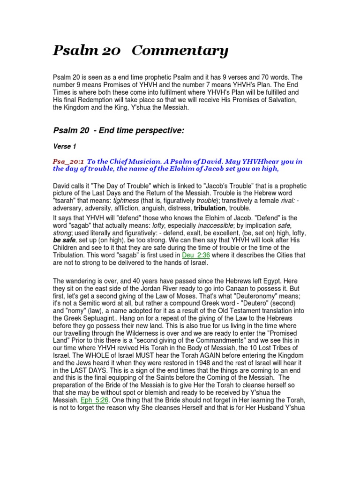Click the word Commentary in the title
tap(180, 51)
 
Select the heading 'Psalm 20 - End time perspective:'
tap(119, 130)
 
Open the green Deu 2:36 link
tap(198, 255)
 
